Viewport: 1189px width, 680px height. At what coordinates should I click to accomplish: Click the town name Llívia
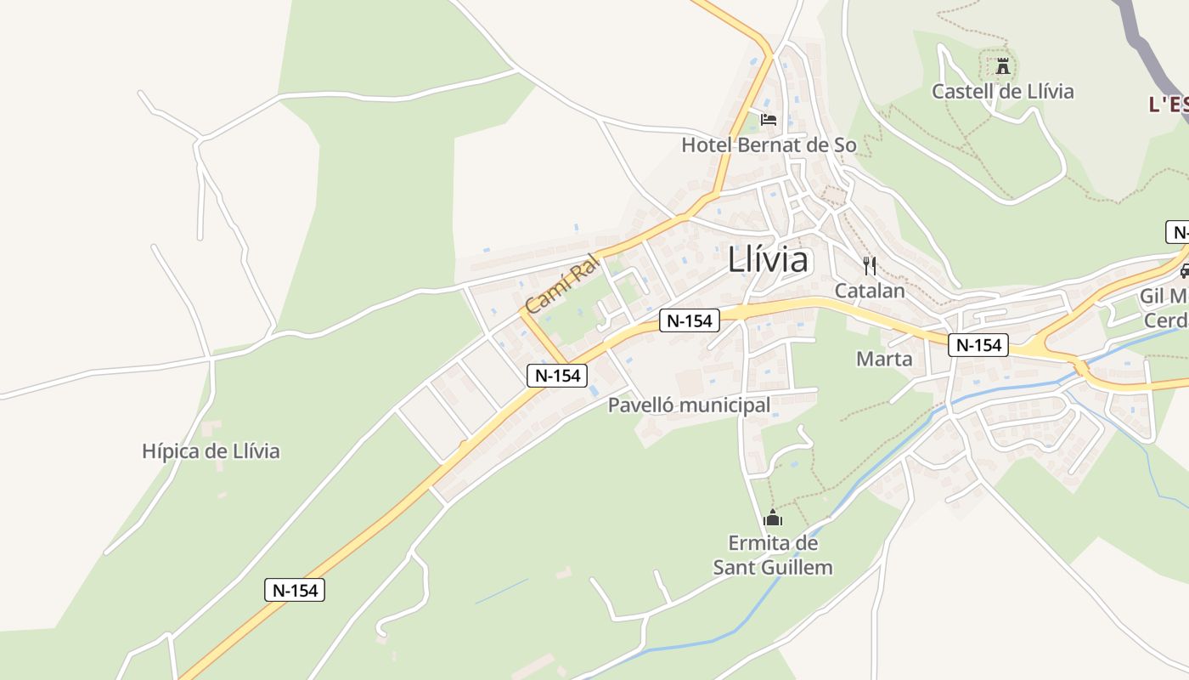point(768,260)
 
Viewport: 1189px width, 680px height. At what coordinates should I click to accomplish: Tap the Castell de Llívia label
point(1002,91)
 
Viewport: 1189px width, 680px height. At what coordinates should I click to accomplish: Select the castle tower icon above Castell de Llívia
point(1003,65)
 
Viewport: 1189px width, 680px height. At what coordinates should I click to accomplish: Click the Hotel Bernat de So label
point(769,145)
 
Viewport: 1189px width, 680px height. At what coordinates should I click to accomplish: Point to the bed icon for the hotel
point(768,120)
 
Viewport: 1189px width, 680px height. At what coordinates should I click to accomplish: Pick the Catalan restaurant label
point(870,291)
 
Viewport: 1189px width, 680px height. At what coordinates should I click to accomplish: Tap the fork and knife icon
point(869,266)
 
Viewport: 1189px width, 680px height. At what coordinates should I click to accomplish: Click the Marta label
point(884,359)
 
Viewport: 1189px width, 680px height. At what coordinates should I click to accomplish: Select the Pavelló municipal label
point(689,405)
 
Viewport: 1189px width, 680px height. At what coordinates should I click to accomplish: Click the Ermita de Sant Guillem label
point(773,555)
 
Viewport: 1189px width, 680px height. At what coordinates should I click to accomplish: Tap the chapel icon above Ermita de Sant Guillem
point(773,517)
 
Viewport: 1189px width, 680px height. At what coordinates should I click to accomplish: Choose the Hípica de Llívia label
point(211,451)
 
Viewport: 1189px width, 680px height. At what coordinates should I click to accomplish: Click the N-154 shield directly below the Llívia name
point(690,320)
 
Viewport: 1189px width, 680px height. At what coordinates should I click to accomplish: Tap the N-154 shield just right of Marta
point(978,345)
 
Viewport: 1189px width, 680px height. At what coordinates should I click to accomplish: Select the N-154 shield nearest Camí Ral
point(557,376)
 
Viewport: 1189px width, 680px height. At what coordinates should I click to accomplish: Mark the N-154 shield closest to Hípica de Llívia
point(294,590)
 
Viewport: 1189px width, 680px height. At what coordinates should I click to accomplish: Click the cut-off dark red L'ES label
point(1169,105)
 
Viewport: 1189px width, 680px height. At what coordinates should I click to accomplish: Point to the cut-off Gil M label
point(1164,297)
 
